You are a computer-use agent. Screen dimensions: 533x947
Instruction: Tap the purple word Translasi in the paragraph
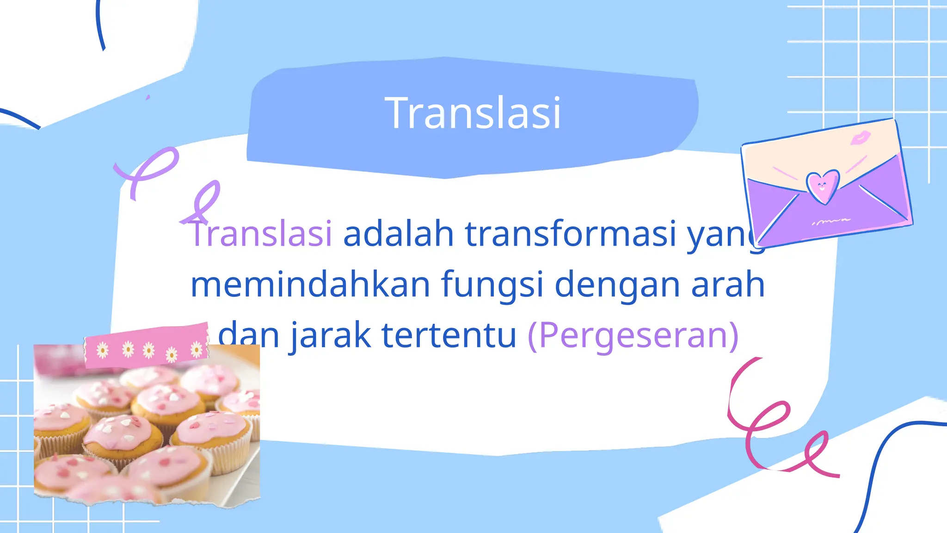(x=262, y=234)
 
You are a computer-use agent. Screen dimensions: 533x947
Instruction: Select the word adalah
(x=398, y=234)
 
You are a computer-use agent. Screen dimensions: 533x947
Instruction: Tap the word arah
(x=728, y=285)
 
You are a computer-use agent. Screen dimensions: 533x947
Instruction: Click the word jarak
(x=331, y=336)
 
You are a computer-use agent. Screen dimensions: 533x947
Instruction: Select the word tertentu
(x=449, y=335)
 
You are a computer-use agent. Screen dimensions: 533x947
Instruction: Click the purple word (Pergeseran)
(x=633, y=336)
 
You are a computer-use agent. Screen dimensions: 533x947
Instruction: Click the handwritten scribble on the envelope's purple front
(x=831, y=221)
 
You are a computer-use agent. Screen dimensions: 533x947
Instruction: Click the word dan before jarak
(x=248, y=336)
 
